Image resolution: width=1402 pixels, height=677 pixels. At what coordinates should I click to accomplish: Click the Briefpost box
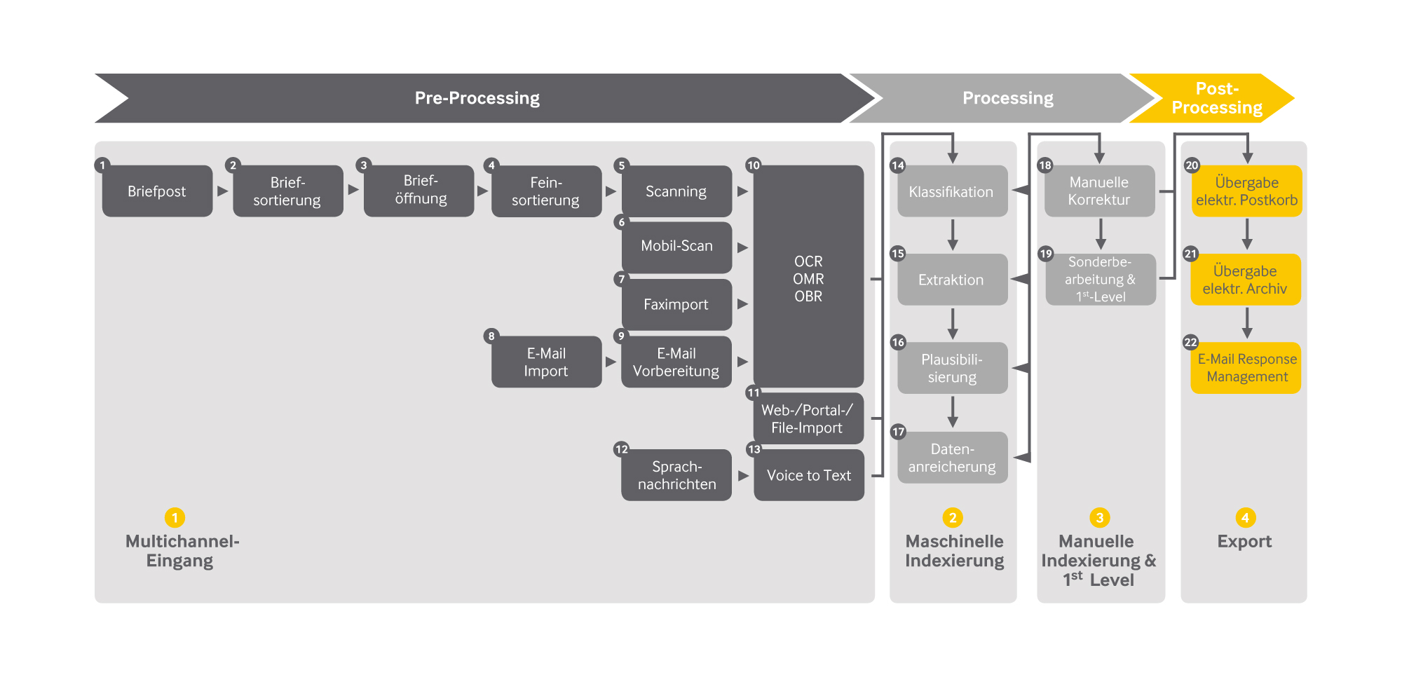pyautogui.click(x=157, y=191)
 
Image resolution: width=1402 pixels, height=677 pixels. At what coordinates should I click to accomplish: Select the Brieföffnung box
pyautogui.click(x=420, y=191)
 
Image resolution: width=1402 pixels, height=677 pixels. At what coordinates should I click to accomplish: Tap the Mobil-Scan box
pyautogui.click(x=676, y=247)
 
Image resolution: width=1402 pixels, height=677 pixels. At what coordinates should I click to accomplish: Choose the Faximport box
pyautogui.click(x=676, y=304)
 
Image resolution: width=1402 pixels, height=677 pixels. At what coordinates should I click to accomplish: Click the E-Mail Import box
pyautogui.click(x=546, y=362)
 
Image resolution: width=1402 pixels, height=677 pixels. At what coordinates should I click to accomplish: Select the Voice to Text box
pyautogui.click(x=808, y=475)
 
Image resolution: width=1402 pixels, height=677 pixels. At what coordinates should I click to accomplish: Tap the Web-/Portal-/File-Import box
pyautogui.click(x=808, y=419)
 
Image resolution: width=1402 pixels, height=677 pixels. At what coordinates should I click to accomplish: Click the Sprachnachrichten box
pyautogui.click(x=676, y=475)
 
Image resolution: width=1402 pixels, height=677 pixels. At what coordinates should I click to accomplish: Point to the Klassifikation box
pyautogui.click(x=952, y=191)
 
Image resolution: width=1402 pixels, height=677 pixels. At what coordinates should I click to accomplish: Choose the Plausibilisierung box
pyautogui.click(x=952, y=368)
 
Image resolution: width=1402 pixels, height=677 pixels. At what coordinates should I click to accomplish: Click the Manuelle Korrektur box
pyautogui.click(x=1098, y=191)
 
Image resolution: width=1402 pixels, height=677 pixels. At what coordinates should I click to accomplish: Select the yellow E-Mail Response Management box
pyautogui.click(x=1246, y=368)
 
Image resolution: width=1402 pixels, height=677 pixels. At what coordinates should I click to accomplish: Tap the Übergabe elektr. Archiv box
pyautogui.click(x=1246, y=280)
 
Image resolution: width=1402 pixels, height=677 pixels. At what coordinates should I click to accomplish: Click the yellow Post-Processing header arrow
pyautogui.click(x=1216, y=98)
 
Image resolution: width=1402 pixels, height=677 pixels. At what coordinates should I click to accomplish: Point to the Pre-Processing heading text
pyautogui.click(x=477, y=98)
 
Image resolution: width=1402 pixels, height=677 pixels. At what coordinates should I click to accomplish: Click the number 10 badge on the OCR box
pyautogui.click(x=753, y=165)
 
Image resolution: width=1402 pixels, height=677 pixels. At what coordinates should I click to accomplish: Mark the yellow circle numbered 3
pyautogui.click(x=1099, y=518)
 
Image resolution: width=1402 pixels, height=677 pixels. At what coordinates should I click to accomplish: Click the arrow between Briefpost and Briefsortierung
pyautogui.click(x=223, y=191)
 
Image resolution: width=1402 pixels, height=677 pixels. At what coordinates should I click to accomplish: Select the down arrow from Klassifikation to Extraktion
pyautogui.click(x=952, y=235)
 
